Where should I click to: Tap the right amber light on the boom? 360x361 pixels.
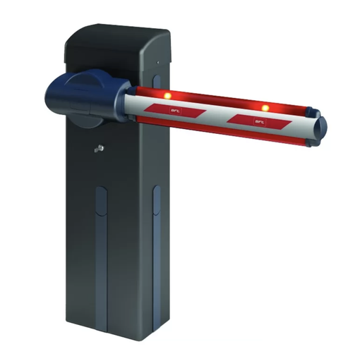point(265,108)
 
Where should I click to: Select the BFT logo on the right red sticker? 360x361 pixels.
point(260,121)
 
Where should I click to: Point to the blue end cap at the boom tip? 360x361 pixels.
point(322,127)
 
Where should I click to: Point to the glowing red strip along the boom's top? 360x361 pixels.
point(219,99)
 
